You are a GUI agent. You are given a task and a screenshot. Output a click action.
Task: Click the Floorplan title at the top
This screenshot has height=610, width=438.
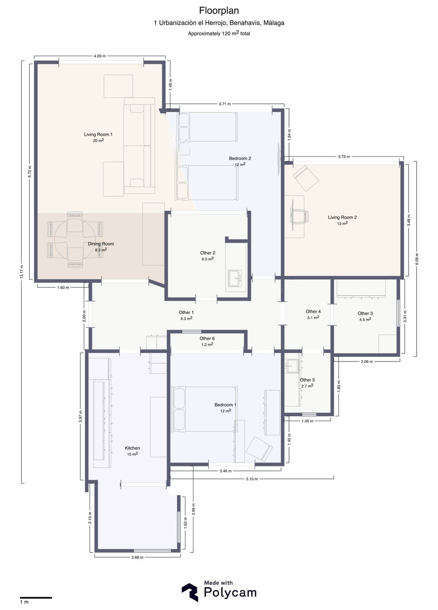click(219, 11)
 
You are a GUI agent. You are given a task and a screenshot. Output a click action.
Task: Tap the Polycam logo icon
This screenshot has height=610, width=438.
click(190, 592)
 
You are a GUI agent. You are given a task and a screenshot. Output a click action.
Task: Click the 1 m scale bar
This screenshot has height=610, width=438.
click(36, 597)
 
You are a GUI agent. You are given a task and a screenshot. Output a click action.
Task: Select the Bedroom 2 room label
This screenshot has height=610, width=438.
click(240, 159)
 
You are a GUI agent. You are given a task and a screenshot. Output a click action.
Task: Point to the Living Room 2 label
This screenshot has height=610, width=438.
click(342, 217)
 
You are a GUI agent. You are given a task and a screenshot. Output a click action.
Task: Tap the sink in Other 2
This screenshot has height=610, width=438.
click(235, 278)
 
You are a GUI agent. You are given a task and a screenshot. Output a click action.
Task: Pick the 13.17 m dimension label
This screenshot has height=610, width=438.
click(22, 272)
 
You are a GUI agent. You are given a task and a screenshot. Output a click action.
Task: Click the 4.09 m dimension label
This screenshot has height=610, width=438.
click(100, 56)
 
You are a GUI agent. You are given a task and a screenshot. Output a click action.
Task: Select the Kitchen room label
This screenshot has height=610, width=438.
click(132, 448)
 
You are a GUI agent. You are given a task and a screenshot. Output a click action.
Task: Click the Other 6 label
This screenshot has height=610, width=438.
click(207, 339)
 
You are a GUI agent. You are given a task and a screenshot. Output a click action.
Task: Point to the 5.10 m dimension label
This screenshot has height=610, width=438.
click(252, 479)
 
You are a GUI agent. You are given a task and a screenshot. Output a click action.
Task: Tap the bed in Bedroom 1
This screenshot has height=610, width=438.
click(204, 409)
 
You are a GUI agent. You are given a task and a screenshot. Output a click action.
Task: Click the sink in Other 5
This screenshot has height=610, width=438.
click(292, 366)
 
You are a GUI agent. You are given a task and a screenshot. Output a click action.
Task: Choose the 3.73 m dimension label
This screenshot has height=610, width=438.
click(344, 157)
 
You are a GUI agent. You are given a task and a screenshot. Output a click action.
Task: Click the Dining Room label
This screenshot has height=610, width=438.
click(101, 244)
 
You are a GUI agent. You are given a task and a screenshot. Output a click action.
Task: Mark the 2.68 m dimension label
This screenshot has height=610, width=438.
click(137, 557)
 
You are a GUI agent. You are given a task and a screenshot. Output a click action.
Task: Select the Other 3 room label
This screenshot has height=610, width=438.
click(365, 313)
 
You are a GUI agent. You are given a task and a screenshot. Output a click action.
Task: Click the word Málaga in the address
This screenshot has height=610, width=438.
click(274, 23)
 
